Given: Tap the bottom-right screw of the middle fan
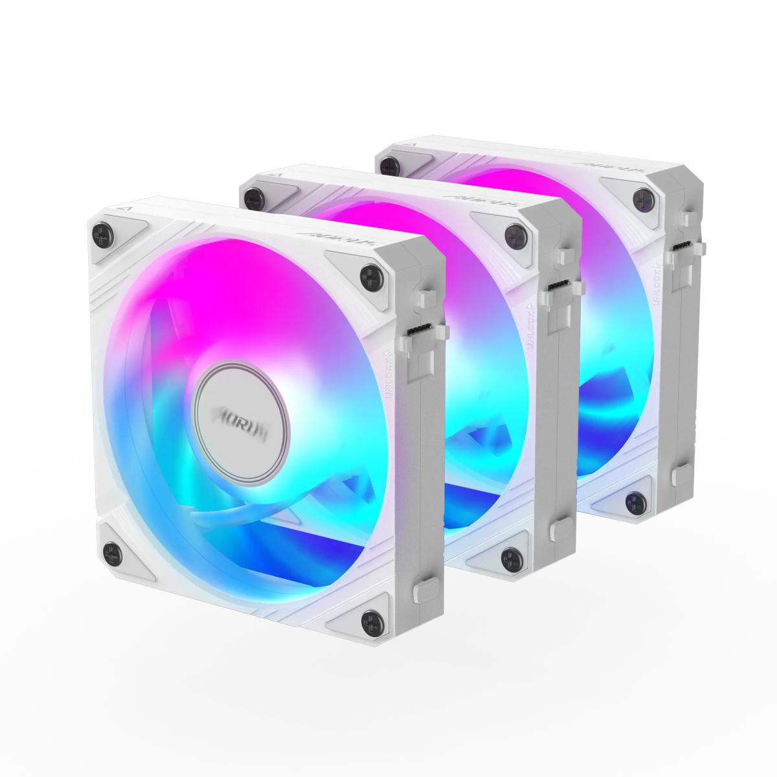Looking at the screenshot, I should click(512, 556).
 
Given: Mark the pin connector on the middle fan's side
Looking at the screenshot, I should click(557, 286).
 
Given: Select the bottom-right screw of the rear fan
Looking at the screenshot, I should click(635, 499).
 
